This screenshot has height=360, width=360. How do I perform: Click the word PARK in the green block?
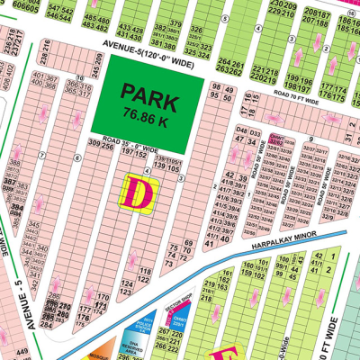(145, 94)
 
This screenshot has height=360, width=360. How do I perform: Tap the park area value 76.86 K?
(144, 112)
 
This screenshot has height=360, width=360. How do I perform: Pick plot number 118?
(143, 271)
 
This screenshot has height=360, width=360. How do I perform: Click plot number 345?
(35, 221)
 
